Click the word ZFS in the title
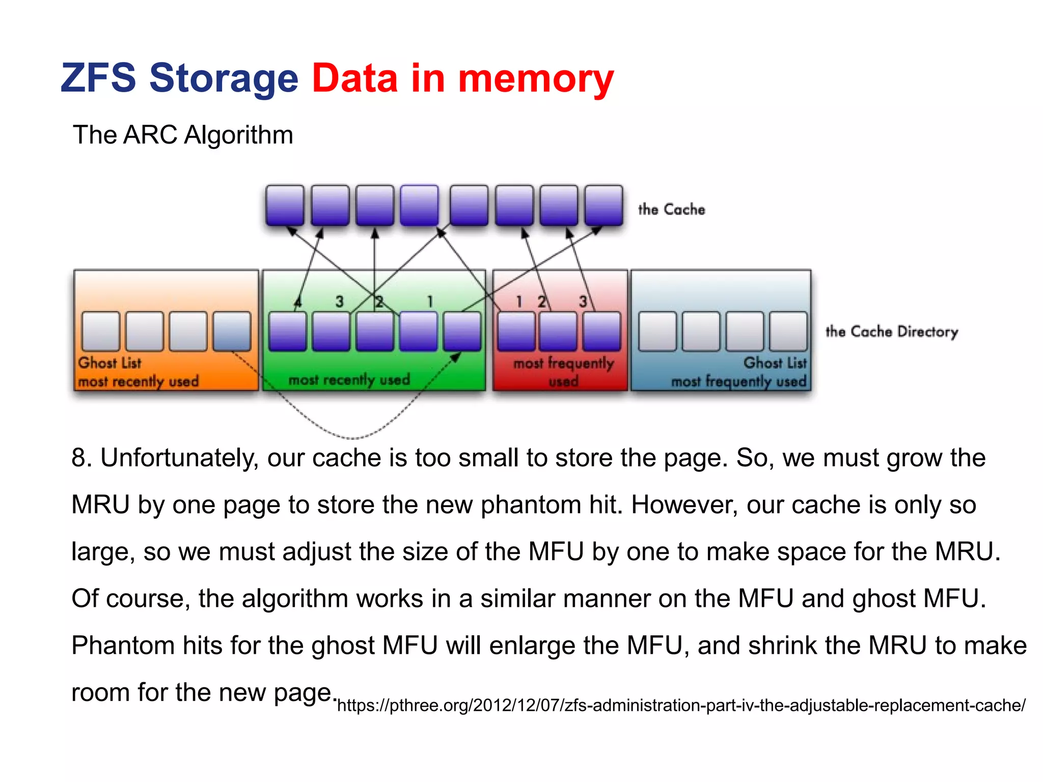coord(98,78)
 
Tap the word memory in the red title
coord(536,78)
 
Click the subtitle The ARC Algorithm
coord(183,135)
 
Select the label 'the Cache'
coord(671,209)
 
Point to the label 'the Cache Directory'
coord(891,331)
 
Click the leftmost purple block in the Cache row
coord(285,205)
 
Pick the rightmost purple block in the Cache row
coord(603,205)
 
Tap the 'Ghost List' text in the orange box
coord(109,362)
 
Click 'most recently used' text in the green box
coord(349,380)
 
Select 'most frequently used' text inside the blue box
coord(738,381)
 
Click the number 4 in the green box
coord(298,302)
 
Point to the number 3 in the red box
coord(583,301)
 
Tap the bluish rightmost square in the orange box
coord(232,331)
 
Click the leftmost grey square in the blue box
coord(657,331)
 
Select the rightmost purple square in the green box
coord(462,331)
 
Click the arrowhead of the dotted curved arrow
coord(455,357)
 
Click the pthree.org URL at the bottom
coord(681,705)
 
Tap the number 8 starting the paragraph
coord(78,458)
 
